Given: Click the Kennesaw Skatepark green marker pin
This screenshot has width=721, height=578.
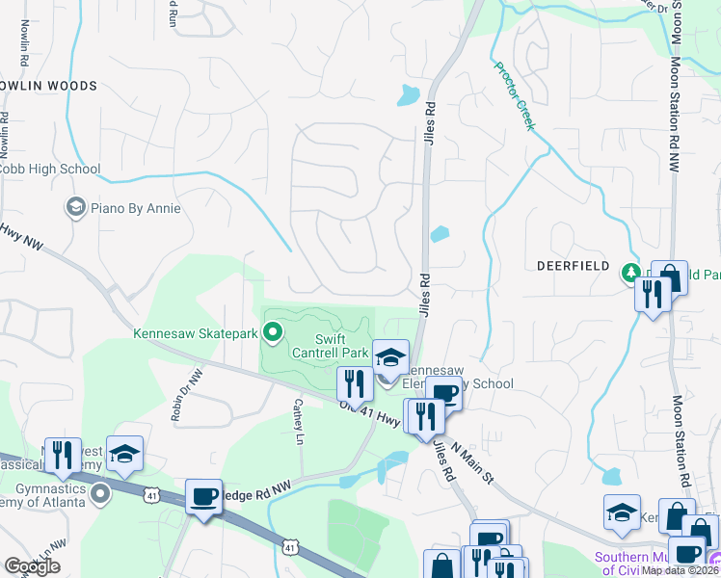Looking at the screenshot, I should tap(273, 333).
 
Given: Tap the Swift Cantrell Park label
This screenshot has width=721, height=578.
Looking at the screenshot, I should tap(344, 347).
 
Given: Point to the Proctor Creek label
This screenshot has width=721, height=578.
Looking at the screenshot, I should tap(514, 96).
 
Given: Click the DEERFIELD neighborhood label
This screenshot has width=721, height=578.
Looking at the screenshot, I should tap(573, 265).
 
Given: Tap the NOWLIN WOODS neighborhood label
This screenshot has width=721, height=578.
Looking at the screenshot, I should tap(50, 86).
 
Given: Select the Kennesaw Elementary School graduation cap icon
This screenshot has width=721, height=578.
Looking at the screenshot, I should tap(390, 357).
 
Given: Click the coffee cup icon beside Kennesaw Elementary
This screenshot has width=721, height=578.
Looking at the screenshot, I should tap(443, 394).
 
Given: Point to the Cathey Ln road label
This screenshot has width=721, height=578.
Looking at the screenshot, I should tap(299, 422).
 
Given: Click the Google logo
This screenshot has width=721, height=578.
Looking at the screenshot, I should tap(33, 565).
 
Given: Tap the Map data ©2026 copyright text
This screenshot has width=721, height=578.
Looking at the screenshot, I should tap(681, 570).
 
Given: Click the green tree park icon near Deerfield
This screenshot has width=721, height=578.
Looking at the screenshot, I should tap(632, 274).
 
